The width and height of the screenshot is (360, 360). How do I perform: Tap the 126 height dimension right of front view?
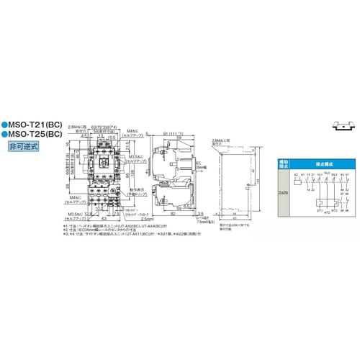point(134,173)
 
